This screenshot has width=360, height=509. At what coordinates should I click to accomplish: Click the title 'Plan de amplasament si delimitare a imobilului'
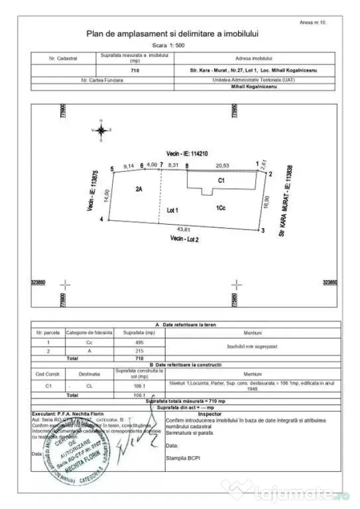tap(173, 34)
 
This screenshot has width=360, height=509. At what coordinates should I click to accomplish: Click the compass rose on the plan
tap(101, 131)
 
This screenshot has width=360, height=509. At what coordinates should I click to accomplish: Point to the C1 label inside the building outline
tap(222, 180)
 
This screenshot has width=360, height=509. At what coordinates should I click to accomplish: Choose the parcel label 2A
tap(138, 189)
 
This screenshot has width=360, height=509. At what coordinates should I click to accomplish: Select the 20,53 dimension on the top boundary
tap(221, 165)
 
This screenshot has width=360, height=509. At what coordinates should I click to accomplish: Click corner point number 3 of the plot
tap(263, 231)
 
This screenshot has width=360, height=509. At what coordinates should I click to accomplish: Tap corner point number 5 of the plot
tap(112, 168)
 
